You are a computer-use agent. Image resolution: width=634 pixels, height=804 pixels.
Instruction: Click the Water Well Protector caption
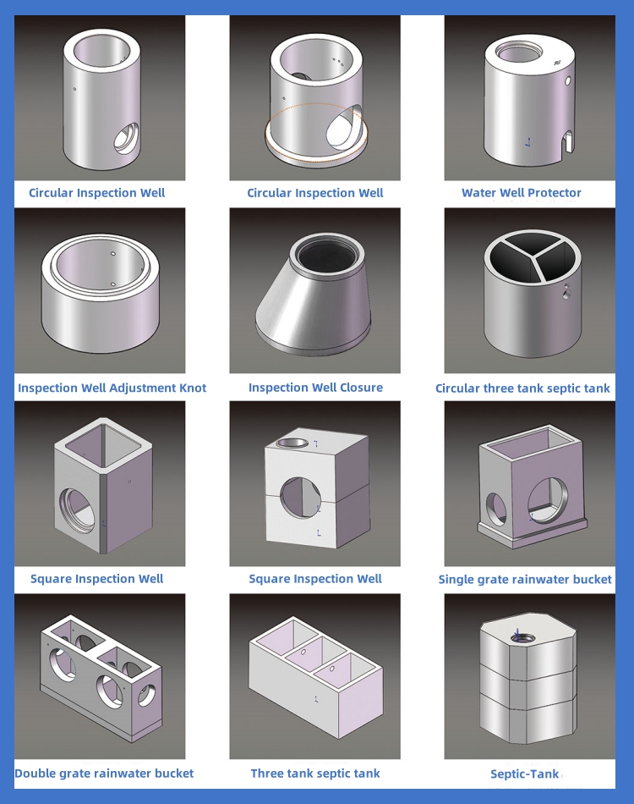coord(522,193)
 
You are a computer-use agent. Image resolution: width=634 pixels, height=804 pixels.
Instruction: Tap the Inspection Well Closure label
coord(315,388)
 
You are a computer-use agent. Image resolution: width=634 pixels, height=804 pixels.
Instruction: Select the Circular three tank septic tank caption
coord(522,388)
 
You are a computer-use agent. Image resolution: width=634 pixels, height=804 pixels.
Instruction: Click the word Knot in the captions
coord(192,388)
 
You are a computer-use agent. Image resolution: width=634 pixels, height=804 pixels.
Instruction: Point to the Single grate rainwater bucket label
coord(525,580)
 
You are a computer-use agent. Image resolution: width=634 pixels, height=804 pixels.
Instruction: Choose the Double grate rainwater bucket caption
coord(104,774)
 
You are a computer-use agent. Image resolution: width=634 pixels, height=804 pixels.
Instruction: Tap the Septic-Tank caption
coord(524,774)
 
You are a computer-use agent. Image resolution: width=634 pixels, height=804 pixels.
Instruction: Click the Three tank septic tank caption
coord(315,774)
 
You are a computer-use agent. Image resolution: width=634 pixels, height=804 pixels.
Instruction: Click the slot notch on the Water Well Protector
coord(568,142)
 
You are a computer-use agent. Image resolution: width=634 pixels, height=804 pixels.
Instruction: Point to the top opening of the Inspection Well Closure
coord(327,254)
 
